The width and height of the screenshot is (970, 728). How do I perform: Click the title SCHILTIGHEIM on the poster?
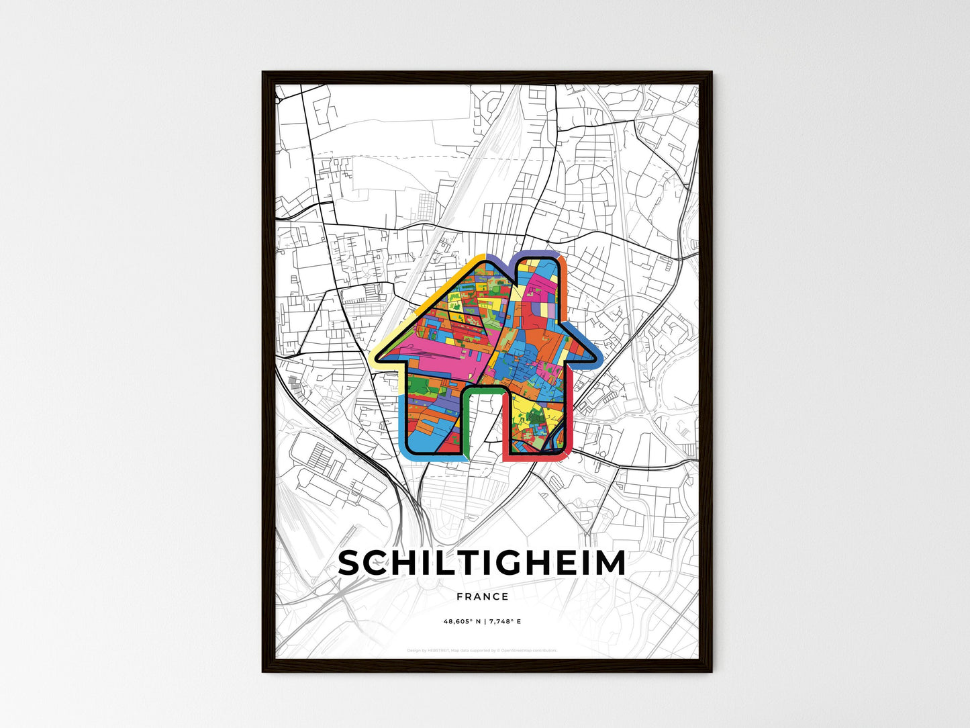482,563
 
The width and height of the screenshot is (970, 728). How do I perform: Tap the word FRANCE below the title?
482,596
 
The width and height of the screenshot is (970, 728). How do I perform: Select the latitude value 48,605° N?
462,622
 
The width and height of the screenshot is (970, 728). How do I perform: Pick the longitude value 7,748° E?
504,622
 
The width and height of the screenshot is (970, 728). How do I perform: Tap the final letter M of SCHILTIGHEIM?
610,563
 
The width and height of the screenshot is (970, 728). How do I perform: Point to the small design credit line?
482,650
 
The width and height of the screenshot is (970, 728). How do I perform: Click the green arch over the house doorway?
483,390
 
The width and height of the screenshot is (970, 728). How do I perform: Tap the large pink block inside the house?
436,356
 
